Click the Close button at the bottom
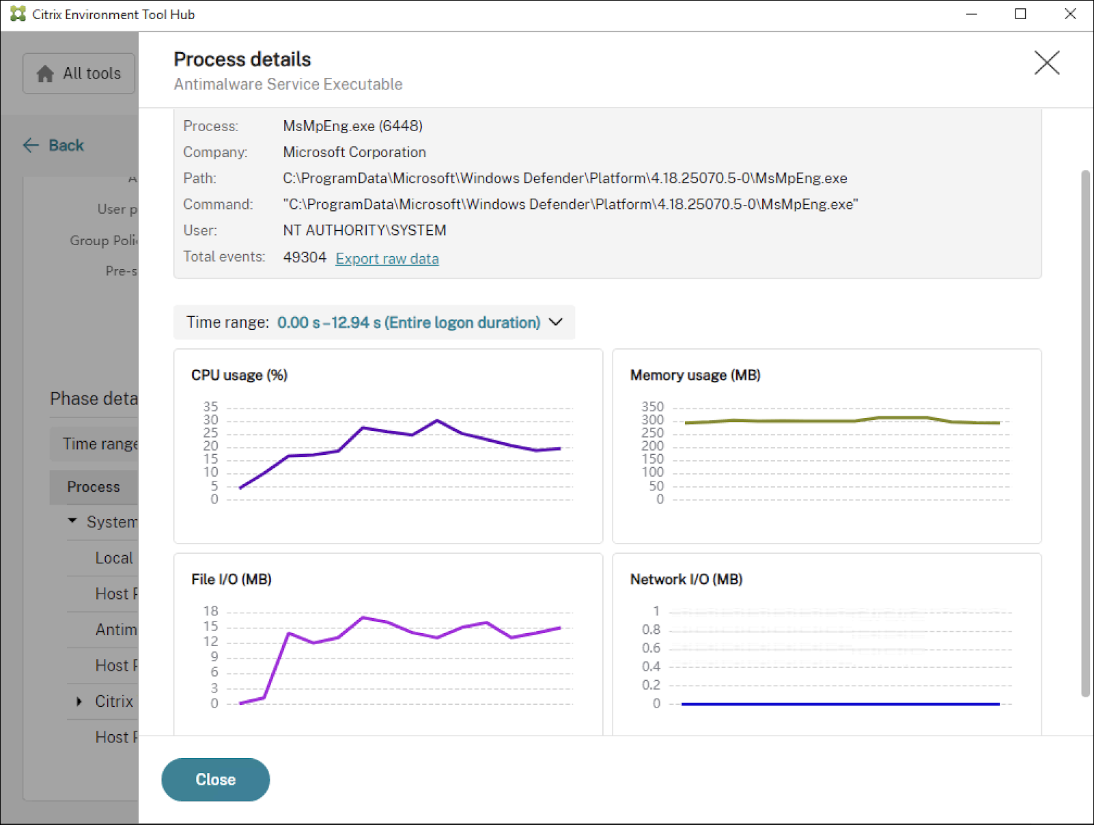coord(215,779)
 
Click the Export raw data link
coord(387,259)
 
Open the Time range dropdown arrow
coord(556,322)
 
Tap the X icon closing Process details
coord(1046,63)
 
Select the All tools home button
coord(79,73)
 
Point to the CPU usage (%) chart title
coord(239,375)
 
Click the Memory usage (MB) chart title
coord(695,375)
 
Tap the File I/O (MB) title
coord(231,579)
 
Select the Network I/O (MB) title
coord(686,579)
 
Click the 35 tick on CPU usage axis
coord(210,407)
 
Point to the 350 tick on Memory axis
coord(652,407)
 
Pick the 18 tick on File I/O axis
coord(210,611)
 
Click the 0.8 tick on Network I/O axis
coord(651,630)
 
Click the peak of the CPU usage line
coord(437,421)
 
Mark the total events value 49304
coord(305,257)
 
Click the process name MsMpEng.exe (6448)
coord(352,126)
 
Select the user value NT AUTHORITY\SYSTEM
coord(364,231)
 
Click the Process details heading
coord(242,59)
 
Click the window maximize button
coord(1020,14)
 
